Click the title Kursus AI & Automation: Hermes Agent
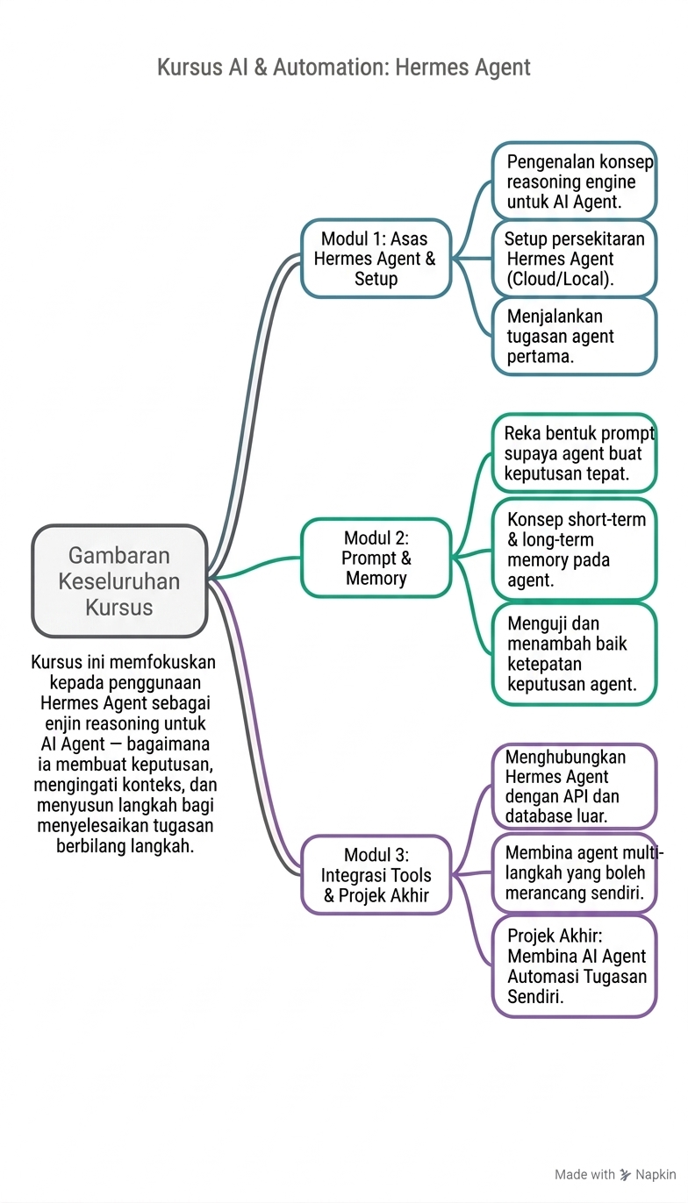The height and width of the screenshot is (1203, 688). (x=344, y=68)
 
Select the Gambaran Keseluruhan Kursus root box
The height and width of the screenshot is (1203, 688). (x=119, y=581)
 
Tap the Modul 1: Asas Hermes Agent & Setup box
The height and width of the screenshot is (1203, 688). (x=376, y=259)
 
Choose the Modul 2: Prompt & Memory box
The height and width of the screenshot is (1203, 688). (x=376, y=558)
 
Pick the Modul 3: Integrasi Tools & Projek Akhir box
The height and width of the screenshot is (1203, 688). (x=376, y=875)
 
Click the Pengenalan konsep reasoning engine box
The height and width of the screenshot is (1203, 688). (x=575, y=181)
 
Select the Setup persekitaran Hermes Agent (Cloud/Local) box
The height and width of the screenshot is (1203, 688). (x=575, y=259)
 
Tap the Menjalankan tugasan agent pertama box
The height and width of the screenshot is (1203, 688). (x=575, y=336)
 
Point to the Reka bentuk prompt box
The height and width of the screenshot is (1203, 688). (x=575, y=452)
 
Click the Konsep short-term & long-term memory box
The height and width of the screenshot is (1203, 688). (x=575, y=549)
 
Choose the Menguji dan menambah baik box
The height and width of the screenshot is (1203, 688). (x=575, y=653)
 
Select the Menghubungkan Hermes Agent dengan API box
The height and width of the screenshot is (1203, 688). (x=575, y=787)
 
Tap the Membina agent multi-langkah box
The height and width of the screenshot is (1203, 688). (x=575, y=872)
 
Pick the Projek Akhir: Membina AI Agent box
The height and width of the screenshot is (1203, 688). (x=575, y=966)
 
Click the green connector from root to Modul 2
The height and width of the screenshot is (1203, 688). (x=254, y=567)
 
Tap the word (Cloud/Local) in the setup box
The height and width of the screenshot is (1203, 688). (x=560, y=279)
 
